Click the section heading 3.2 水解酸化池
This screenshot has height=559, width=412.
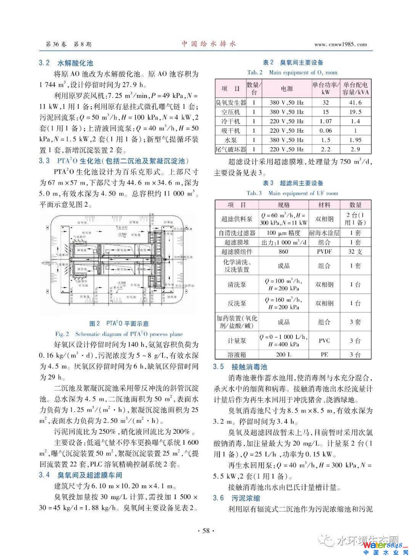66,63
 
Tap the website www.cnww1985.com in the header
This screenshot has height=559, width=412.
340,44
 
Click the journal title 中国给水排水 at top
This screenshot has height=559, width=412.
208,44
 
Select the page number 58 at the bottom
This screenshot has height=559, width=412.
206,530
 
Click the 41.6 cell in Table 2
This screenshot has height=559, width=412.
355,103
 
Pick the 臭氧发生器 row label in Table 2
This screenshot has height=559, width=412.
231,103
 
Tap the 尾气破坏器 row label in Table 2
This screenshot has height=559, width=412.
231,149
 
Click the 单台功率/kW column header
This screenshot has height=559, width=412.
325,88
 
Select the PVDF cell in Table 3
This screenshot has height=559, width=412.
324,252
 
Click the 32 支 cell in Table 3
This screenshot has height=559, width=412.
355,252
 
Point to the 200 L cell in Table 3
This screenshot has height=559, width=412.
283,355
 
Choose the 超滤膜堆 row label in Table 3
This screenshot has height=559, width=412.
237,242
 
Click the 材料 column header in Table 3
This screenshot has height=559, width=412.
324,205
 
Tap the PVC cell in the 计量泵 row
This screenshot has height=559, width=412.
324,341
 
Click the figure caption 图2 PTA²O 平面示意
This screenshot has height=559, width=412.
119,324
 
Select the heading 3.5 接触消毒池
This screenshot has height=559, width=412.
240,367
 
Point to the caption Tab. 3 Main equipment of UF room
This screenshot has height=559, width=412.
292,193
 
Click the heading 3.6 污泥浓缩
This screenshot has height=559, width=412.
237,498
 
